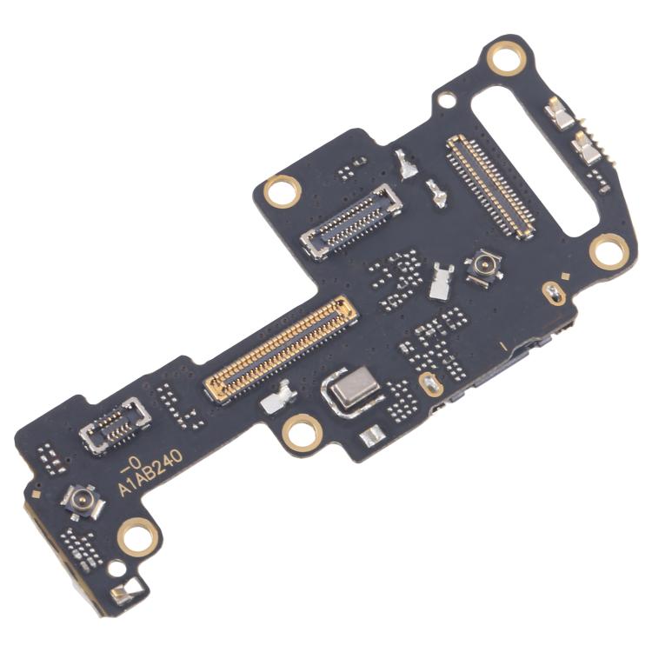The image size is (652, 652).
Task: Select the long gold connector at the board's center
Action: [x=280, y=348]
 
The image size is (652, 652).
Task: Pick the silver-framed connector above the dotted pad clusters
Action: [x=351, y=220]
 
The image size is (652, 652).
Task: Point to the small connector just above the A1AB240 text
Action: [x=115, y=423]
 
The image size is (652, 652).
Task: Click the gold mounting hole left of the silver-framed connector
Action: [x=283, y=190]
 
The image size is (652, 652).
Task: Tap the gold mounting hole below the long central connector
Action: [x=301, y=431]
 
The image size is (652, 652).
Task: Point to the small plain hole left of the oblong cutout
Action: [x=446, y=100]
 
